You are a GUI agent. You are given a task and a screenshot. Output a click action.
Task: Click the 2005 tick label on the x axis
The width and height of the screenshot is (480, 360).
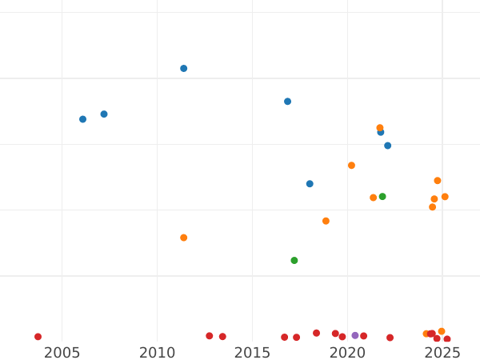(x=62, y=353)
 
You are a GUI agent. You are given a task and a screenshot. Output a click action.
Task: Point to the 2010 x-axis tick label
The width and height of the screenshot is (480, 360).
(x=157, y=353)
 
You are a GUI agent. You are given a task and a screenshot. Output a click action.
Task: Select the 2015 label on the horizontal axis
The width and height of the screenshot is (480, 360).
(x=252, y=353)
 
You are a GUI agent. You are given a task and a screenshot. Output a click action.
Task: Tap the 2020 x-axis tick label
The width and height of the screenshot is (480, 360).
(x=347, y=353)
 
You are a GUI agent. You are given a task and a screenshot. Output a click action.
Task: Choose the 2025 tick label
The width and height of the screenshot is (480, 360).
(x=442, y=353)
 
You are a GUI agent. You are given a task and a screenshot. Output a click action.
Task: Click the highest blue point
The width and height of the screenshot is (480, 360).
(x=183, y=69)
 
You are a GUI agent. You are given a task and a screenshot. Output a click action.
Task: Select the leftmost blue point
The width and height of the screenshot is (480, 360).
(x=82, y=119)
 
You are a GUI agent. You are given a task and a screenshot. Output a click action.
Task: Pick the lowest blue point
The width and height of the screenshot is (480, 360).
(x=310, y=184)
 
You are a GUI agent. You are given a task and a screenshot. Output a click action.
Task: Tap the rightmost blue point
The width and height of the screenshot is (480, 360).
(x=387, y=146)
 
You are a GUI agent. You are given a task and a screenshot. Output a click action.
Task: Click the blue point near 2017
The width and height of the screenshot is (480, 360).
(x=287, y=102)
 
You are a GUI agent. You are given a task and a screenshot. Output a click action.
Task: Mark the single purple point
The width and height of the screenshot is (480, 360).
(x=355, y=336)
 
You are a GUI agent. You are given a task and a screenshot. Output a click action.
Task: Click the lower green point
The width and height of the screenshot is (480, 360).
(x=294, y=261)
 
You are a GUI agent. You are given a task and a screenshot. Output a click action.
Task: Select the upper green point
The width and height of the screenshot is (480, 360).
(x=382, y=197)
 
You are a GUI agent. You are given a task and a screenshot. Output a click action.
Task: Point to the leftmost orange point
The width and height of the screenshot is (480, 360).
(x=183, y=238)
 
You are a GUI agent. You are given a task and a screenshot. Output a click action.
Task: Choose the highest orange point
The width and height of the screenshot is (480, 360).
(x=380, y=128)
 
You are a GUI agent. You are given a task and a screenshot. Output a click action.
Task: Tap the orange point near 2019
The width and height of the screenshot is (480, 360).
(x=326, y=221)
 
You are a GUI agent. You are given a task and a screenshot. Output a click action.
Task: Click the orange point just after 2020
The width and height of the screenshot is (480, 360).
(x=351, y=166)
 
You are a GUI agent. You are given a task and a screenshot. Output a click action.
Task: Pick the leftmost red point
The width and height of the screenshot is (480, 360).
(x=38, y=337)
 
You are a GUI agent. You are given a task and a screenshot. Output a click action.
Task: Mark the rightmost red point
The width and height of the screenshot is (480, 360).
(x=447, y=339)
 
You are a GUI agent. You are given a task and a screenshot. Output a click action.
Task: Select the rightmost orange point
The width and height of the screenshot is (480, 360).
(x=445, y=197)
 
